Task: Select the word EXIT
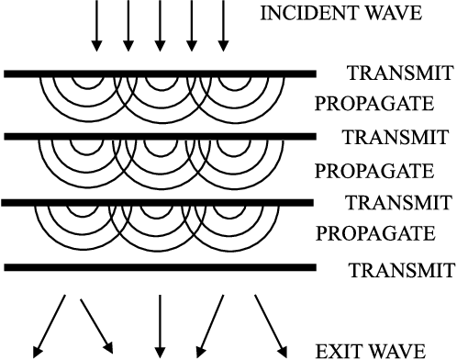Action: point(335,350)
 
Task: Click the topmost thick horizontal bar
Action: point(161,73)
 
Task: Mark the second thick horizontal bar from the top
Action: point(161,137)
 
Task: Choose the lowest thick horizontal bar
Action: point(161,268)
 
